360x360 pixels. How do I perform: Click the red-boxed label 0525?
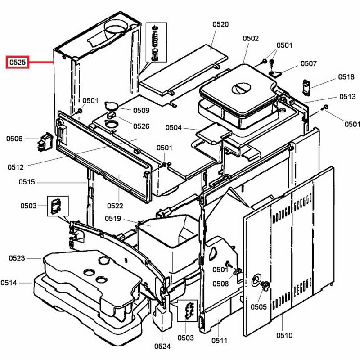click(17, 62)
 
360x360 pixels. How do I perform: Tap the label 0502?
click(251, 39)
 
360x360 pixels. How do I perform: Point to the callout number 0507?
click(309, 63)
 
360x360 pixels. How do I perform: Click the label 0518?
click(346, 77)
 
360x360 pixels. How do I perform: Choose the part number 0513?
click(347, 96)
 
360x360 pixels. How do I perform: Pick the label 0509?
click(141, 110)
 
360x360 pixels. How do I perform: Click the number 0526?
click(141, 126)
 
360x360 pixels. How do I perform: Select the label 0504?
click(173, 128)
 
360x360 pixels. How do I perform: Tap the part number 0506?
click(14, 139)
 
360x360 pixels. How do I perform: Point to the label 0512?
click(15, 167)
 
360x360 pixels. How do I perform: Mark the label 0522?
click(115, 206)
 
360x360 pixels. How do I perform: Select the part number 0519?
click(113, 219)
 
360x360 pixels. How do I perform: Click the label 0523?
click(18, 258)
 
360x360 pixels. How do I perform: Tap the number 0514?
click(9, 283)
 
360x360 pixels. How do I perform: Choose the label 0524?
click(162, 346)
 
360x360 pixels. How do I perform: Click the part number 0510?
click(284, 335)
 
